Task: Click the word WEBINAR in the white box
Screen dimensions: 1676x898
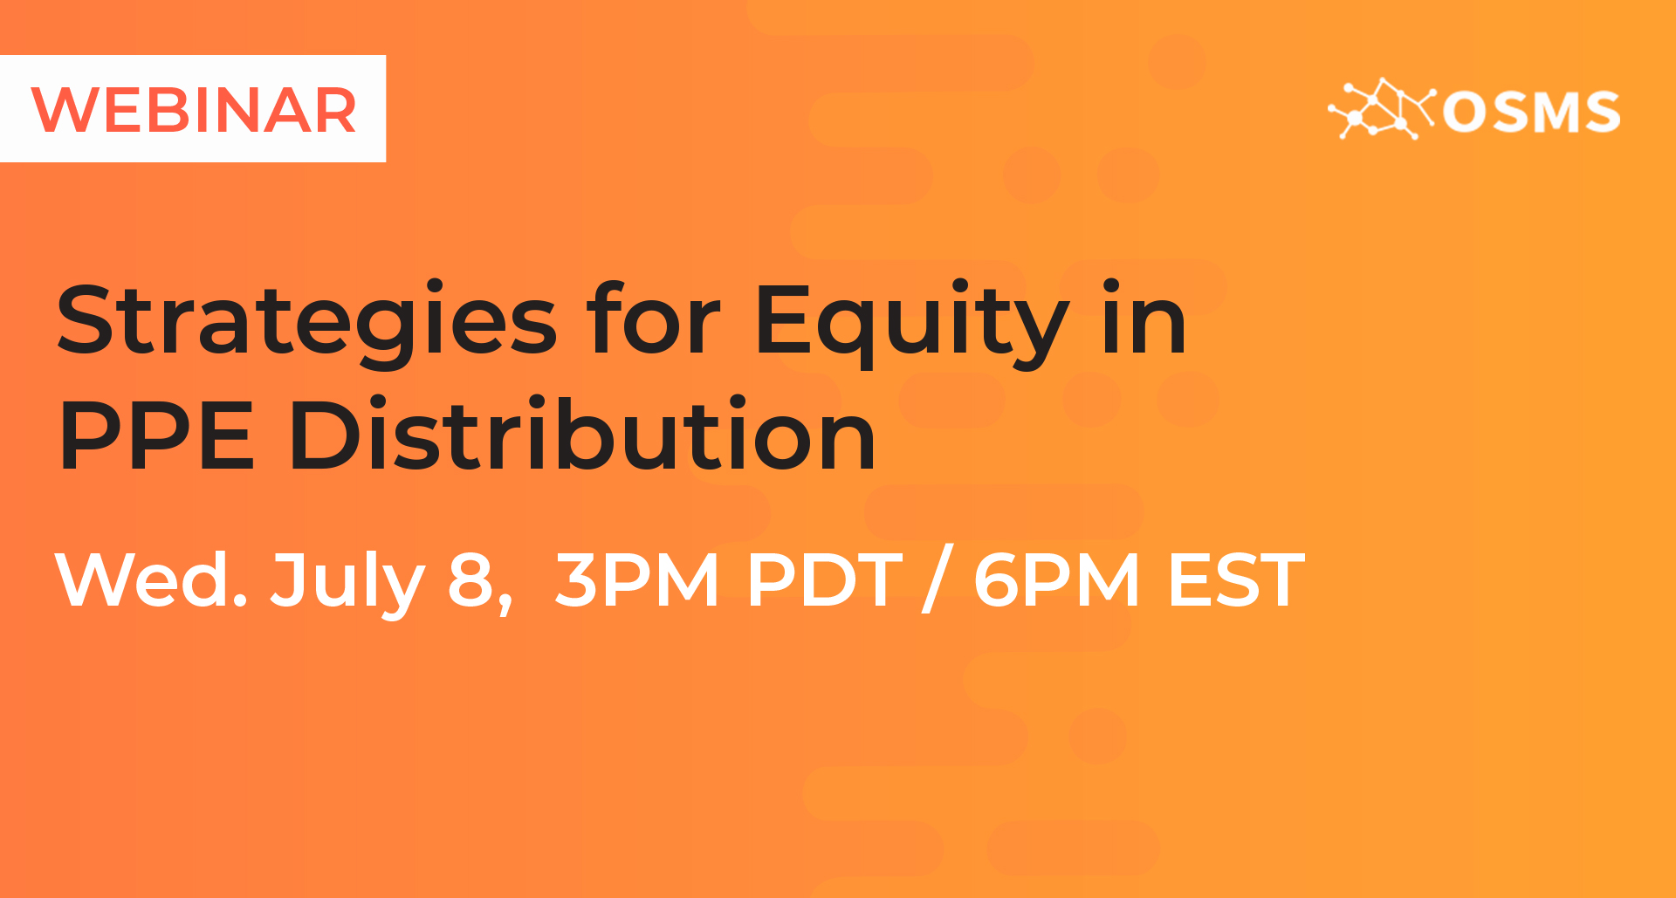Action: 194,111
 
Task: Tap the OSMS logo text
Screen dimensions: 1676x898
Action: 1531,113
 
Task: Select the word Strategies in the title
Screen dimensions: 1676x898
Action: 306,320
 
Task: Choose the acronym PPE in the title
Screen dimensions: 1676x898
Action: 156,434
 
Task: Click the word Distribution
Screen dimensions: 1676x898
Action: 582,431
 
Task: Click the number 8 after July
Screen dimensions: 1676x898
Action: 471,579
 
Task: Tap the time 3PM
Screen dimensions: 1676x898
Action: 637,579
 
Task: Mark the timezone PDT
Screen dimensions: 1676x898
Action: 825,579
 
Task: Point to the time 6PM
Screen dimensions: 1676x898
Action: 1056,579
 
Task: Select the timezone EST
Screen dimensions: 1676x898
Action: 1236,579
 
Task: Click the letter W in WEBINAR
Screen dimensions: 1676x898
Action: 66,111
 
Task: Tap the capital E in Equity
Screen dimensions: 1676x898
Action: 783,319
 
